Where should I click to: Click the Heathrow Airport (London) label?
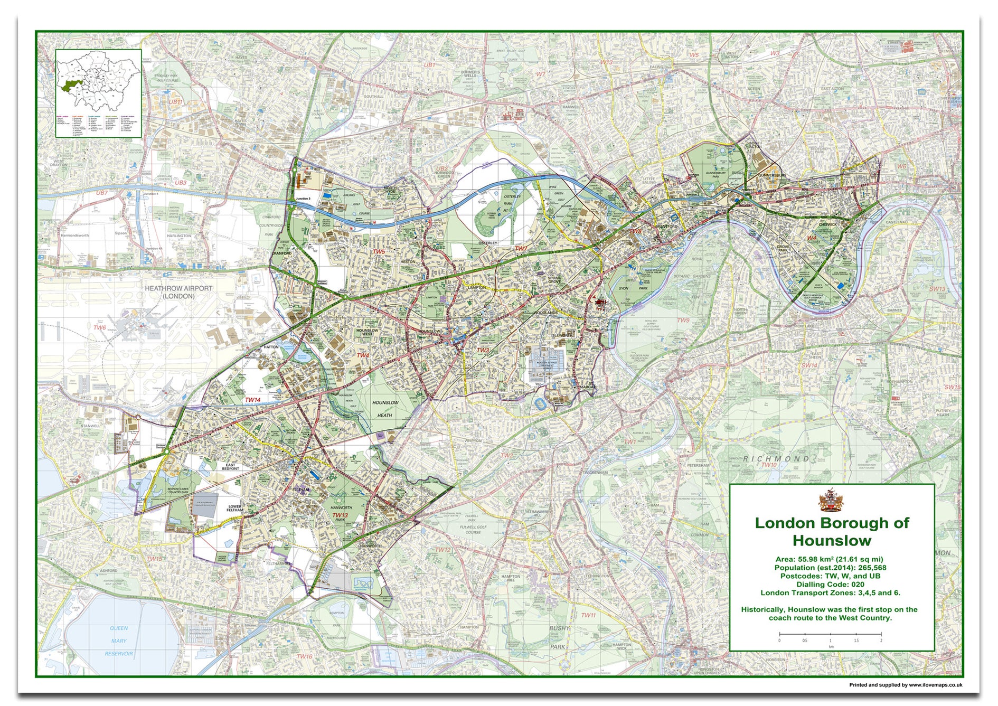[178, 292]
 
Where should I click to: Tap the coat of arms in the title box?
[831, 500]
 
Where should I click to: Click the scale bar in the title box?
[830, 634]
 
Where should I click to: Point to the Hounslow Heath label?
[385, 409]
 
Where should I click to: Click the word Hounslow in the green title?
[831, 541]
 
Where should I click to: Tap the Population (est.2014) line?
[830, 568]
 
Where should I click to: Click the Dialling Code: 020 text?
[830, 585]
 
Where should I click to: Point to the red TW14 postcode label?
[252, 400]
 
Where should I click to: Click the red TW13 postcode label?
[340, 515]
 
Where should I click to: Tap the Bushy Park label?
[558, 637]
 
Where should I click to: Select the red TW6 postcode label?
[100, 328]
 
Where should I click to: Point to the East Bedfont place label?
[230, 467]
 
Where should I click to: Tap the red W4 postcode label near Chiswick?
[812, 238]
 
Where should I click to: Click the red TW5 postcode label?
[379, 252]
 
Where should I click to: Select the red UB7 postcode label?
[101, 193]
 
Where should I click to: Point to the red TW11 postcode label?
[588, 615]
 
